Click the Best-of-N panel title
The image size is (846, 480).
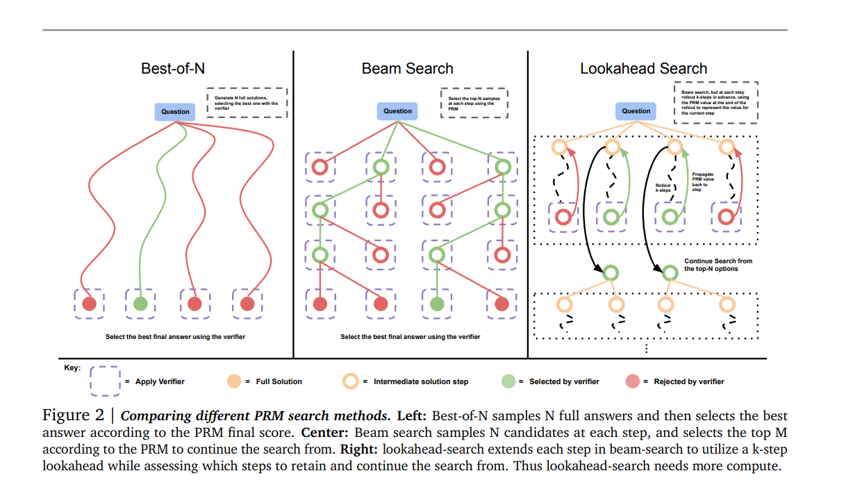pos(173,68)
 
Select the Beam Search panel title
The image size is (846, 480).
pos(407,68)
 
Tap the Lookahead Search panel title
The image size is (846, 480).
pos(643,68)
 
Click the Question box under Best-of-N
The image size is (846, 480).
pos(175,111)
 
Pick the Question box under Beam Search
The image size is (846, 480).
pos(398,110)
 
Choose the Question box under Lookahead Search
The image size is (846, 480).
pos(636,110)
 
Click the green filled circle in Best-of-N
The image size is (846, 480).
pos(140,304)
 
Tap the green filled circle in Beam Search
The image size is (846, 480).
pos(437,304)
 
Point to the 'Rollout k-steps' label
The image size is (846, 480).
pos(664,188)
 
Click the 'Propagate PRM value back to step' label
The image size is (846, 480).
pos(704,183)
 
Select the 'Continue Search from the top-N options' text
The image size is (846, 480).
pos(718,265)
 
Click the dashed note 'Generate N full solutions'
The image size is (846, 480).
pos(247,101)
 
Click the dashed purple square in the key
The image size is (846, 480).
pos(105,381)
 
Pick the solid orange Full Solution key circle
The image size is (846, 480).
pos(234,381)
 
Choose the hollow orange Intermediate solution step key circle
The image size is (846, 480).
pos(351,381)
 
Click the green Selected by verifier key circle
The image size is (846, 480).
pos(508,381)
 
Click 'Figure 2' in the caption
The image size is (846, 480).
pos(74,416)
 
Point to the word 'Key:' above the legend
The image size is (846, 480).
pos(72,367)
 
